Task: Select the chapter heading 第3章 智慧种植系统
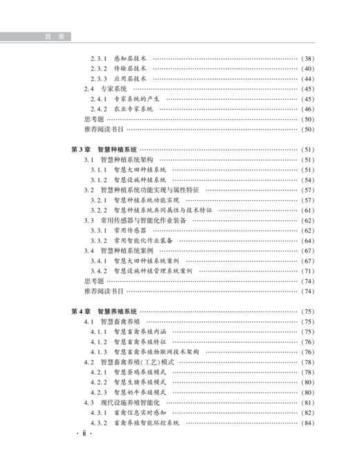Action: tap(105, 149)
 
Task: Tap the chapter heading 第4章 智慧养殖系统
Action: tap(105, 312)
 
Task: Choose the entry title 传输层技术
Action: tap(130, 69)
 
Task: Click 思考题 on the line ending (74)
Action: tap(93, 281)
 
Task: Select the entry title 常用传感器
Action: tap(130, 231)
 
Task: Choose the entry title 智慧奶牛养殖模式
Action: tap(141, 393)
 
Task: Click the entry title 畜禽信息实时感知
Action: tap(141, 413)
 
